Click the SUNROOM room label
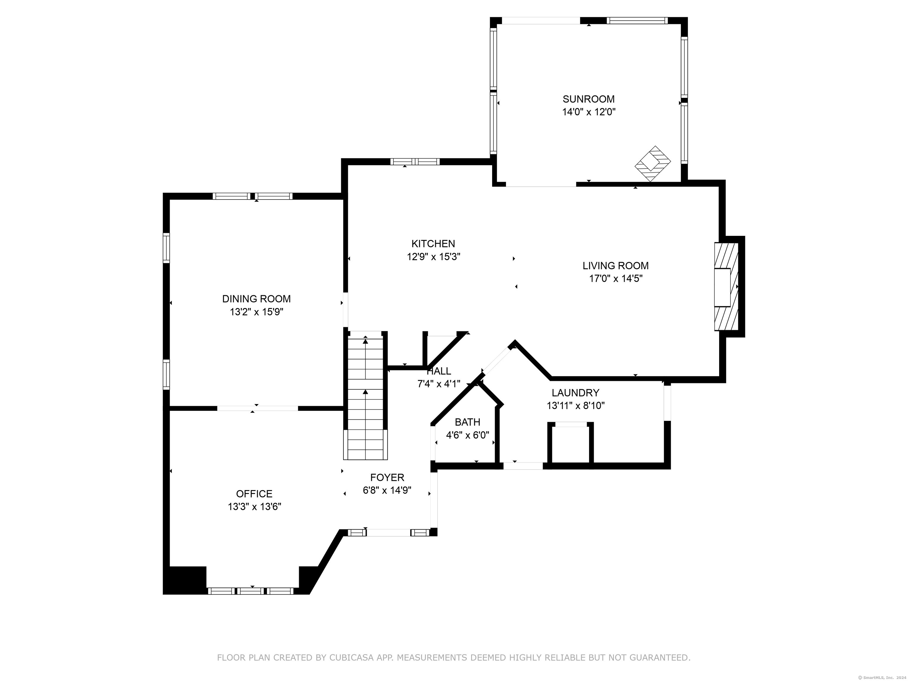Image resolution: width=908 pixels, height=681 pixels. point(589,99)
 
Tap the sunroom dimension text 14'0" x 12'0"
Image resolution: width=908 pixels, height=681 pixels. point(589,112)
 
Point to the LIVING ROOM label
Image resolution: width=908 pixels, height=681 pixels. point(616,266)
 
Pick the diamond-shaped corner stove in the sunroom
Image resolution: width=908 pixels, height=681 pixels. point(653,164)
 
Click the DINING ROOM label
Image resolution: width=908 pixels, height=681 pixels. point(257,299)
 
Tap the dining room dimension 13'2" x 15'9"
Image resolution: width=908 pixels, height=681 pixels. point(257,312)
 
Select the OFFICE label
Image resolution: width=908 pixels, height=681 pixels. point(254,494)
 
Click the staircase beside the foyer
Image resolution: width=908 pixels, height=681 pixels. point(365,396)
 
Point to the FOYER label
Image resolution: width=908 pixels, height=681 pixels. point(387,477)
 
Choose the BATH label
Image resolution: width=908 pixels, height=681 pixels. point(468,422)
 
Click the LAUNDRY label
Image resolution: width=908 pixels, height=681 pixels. point(575,393)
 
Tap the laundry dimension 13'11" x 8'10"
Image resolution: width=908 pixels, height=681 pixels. point(575,406)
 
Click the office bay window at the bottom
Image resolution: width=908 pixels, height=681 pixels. point(251,591)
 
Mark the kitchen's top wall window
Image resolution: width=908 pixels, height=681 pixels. point(415,162)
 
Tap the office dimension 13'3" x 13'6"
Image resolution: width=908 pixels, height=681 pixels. point(254,507)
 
